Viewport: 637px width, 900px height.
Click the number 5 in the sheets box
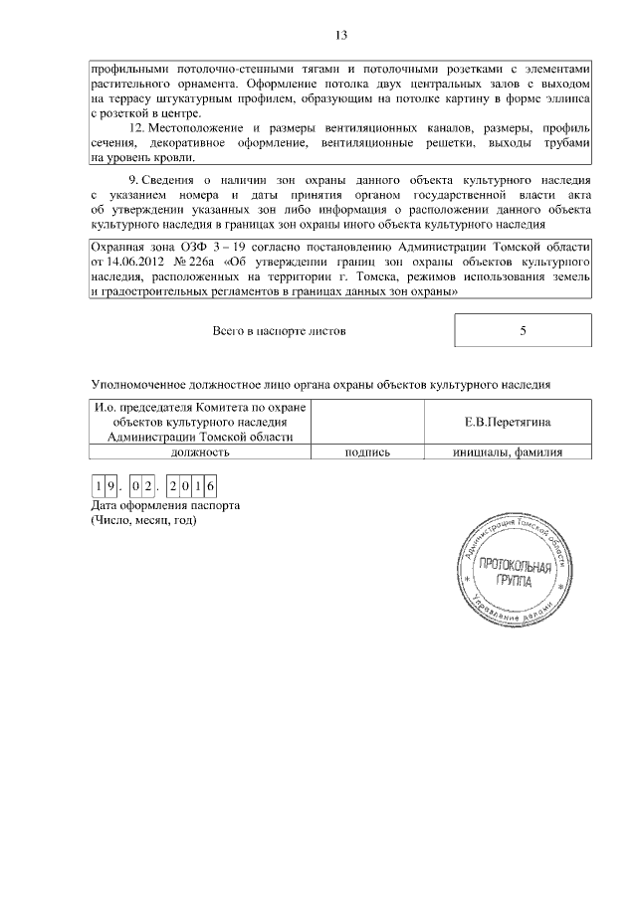(x=523, y=331)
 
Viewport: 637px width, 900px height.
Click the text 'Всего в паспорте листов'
(x=280, y=331)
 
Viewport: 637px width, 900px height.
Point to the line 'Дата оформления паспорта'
(x=165, y=505)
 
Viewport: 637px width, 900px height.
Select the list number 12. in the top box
(x=139, y=129)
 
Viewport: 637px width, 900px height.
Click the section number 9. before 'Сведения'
(x=129, y=180)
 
